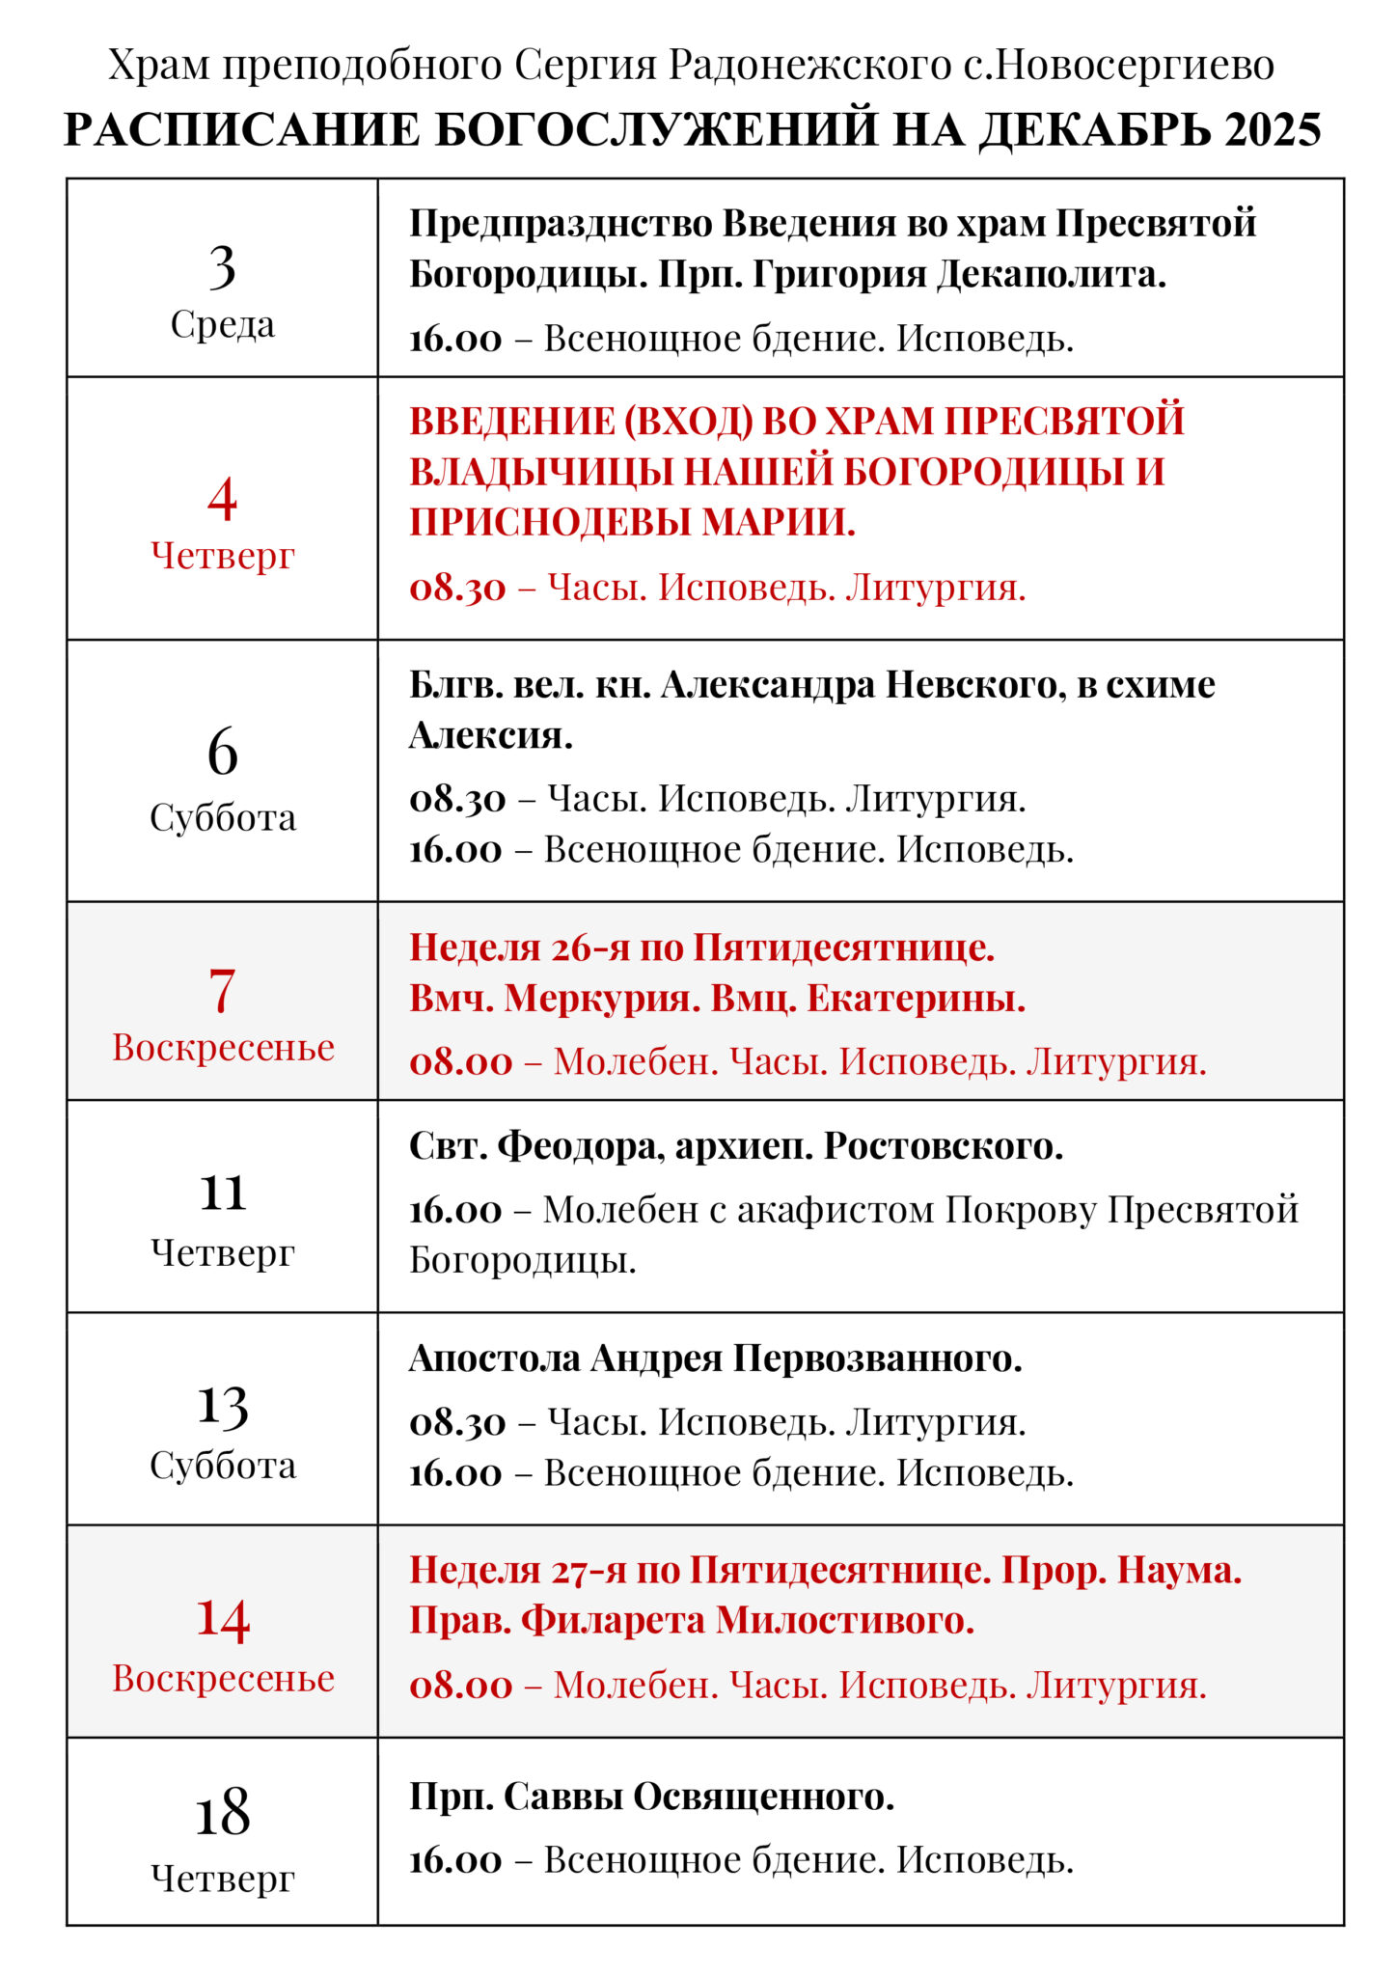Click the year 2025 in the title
pyautogui.click(x=1273, y=129)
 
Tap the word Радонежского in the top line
pyautogui.click(x=809, y=65)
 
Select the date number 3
pyautogui.click(x=222, y=267)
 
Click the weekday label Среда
pyautogui.click(x=222, y=324)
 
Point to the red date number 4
pyautogui.click(x=222, y=499)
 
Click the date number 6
pyautogui.click(x=222, y=753)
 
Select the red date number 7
pyautogui.click(x=222, y=991)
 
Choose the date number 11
pyautogui.click(x=222, y=1194)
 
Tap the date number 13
pyautogui.click(x=222, y=1407)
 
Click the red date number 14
pyautogui.click(x=222, y=1620)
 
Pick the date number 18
pyautogui.click(x=222, y=1813)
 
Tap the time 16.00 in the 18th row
pyautogui.click(x=455, y=1860)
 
